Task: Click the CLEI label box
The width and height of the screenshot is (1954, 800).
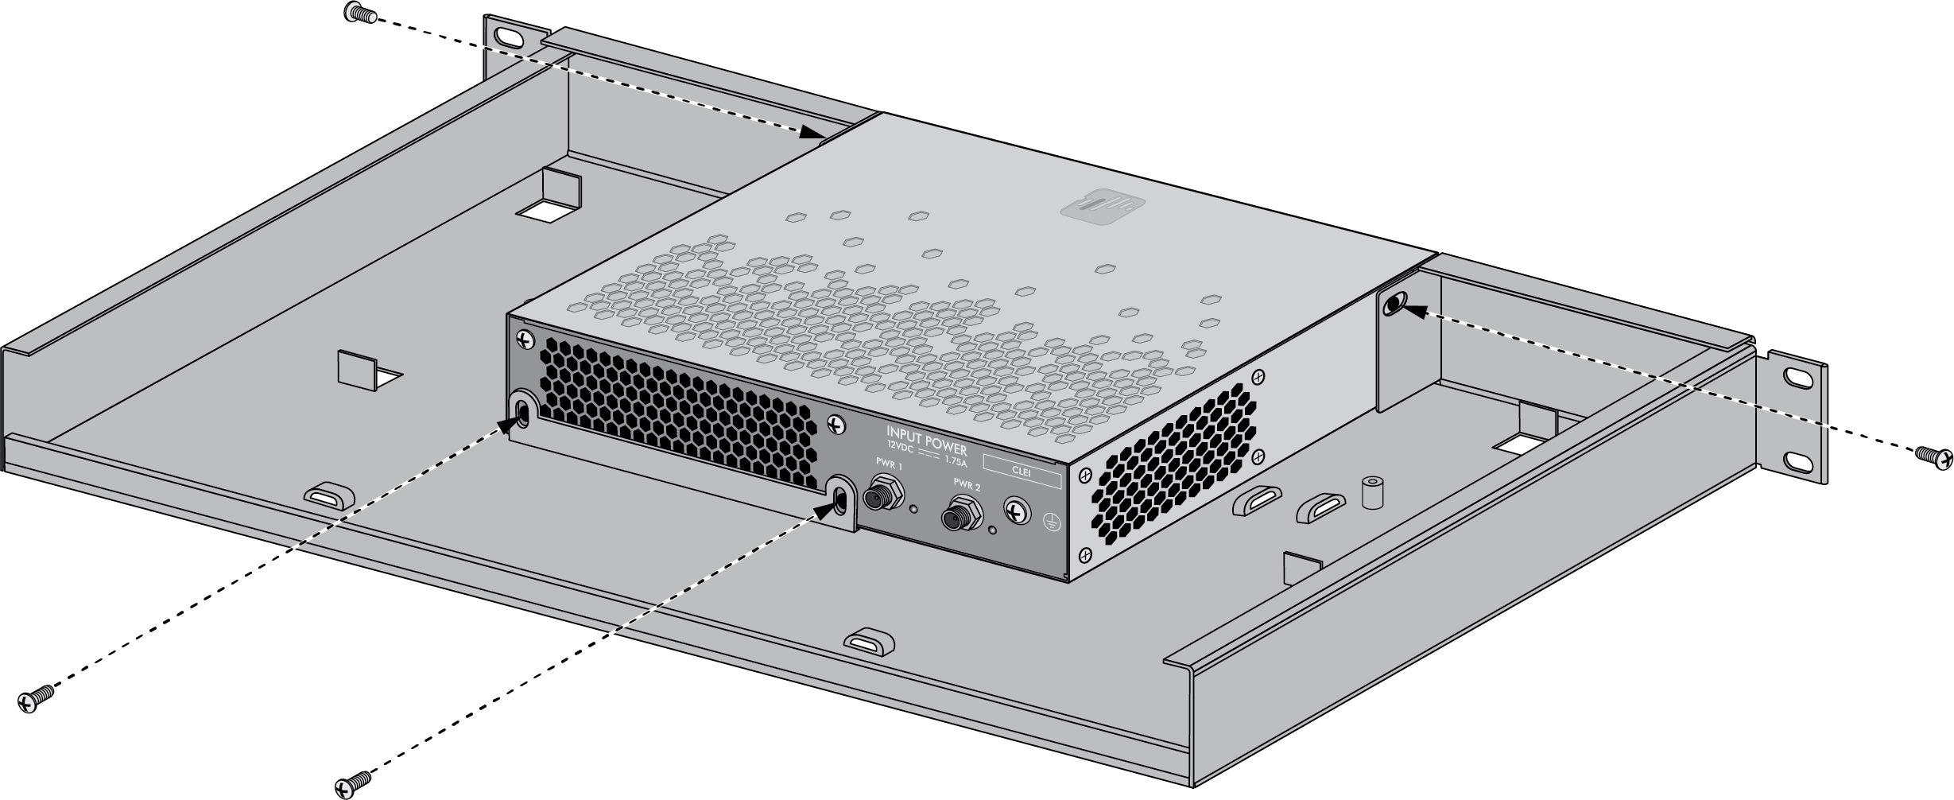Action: click(1022, 470)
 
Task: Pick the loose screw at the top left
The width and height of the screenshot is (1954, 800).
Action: click(361, 12)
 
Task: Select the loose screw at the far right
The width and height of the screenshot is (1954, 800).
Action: click(1934, 456)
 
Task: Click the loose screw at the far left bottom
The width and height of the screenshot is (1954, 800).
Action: click(36, 698)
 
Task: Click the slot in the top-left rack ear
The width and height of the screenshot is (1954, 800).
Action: click(507, 37)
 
